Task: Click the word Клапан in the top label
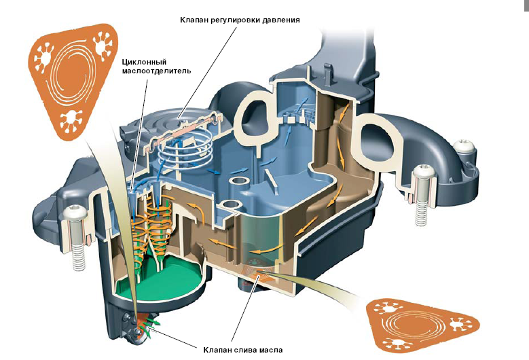195,20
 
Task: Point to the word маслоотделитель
157,70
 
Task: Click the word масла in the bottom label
268,350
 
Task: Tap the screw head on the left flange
73,217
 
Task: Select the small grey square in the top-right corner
526,3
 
